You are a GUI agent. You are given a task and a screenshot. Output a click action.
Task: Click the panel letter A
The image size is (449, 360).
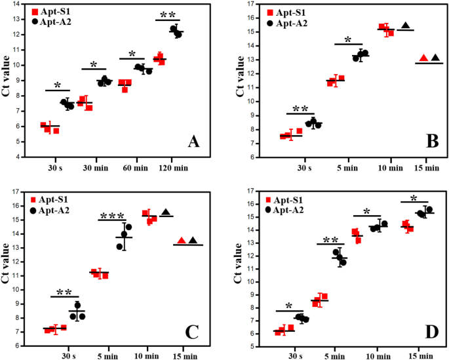click(194, 141)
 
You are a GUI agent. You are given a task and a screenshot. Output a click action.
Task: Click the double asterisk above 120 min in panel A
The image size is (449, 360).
click(167, 14)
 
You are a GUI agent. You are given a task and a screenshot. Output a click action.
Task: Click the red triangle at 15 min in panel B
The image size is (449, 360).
click(424, 58)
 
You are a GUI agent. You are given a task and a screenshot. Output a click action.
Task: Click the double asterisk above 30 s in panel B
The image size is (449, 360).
click(302, 108)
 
